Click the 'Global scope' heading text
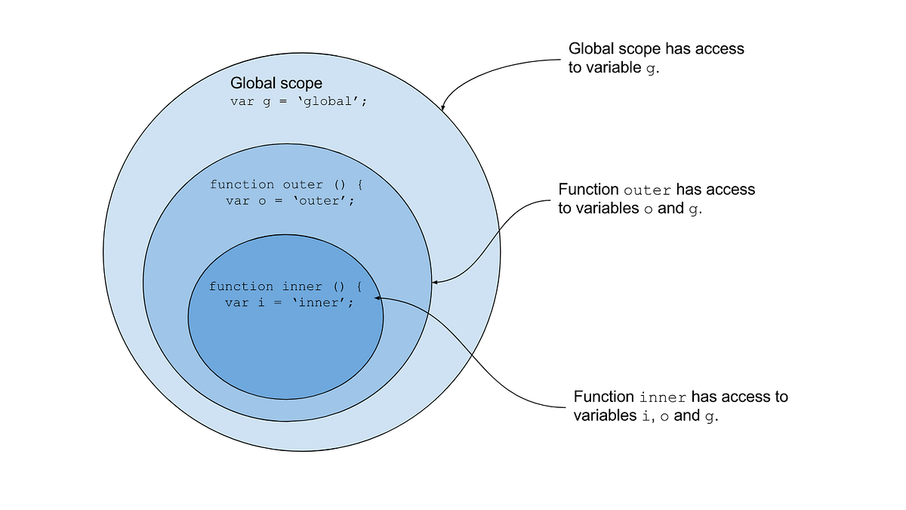click(276, 83)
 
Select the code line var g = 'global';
click(299, 101)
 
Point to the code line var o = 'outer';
click(289, 201)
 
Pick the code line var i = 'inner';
click(288, 302)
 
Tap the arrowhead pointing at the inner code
click(377, 298)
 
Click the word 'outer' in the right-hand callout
click(648, 190)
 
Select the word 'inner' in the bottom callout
click(663, 397)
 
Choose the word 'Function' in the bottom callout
click(604, 397)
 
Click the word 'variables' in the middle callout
click(603, 209)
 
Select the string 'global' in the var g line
click(329, 101)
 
